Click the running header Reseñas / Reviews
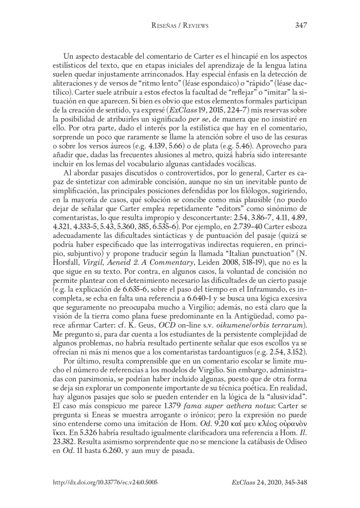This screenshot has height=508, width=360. [x=180, y=26]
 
